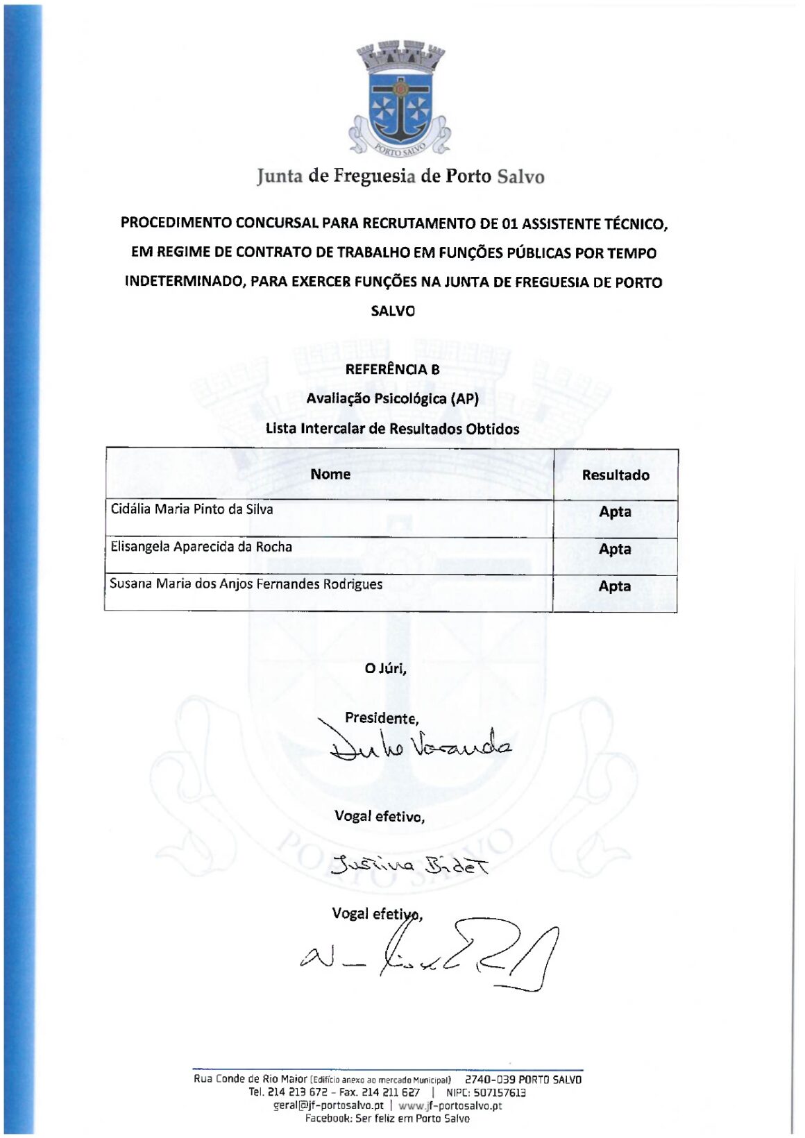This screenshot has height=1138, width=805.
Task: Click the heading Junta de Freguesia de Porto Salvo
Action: pyautogui.click(x=400, y=176)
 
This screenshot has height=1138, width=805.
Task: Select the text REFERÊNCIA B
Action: pyautogui.click(x=392, y=369)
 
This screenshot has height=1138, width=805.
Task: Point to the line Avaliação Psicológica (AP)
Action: pyautogui.click(x=392, y=398)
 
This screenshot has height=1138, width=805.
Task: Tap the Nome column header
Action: pyautogui.click(x=330, y=474)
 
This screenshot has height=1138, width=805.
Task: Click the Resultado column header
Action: pyautogui.click(x=615, y=475)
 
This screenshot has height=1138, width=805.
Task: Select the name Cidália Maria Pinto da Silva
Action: pyautogui.click(x=192, y=509)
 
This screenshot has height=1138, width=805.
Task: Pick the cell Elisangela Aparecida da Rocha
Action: pyautogui.click(x=201, y=547)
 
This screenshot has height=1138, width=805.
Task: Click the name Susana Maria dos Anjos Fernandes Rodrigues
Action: pyautogui.click(x=246, y=584)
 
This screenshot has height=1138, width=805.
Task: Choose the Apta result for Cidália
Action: pyautogui.click(x=615, y=512)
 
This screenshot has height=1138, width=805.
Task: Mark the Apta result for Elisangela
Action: pyautogui.click(x=615, y=549)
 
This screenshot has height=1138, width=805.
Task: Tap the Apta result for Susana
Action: pyautogui.click(x=615, y=586)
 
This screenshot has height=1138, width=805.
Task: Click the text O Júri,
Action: pyautogui.click(x=385, y=668)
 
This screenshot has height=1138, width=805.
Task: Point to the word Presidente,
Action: pyautogui.click(x=382, y=718)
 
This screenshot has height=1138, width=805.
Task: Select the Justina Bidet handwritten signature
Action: pyautogui.click(x=409, y=865)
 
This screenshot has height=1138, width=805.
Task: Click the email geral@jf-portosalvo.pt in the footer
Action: pyautogui.click(x=328, y=1105)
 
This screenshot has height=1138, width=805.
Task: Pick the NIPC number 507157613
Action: pyautogui.click(x=499, y=1092)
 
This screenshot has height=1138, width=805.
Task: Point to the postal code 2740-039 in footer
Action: pyautogui.click(x=489, y=1079)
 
